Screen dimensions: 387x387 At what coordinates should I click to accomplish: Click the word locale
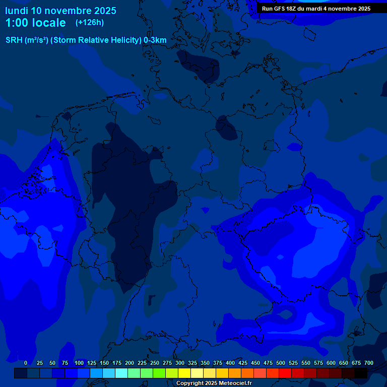(48, 23)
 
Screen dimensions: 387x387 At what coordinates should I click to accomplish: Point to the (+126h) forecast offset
(90, 23)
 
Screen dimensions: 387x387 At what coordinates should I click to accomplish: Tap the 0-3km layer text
(155, 40)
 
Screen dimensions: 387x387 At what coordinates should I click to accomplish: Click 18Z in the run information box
(295, 9)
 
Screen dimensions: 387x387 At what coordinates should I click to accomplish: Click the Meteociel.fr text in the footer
(235, 383)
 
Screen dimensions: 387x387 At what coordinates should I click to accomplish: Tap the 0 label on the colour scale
(26, 363)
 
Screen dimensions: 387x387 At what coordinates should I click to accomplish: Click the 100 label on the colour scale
(79, 363)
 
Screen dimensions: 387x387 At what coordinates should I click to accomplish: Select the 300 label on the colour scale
(180, 363)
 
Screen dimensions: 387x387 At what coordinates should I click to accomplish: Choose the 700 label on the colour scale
(368, 363)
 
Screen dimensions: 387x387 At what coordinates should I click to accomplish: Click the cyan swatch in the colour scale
(121, 373)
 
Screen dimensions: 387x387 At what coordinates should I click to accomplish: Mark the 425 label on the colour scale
(243, 363)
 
